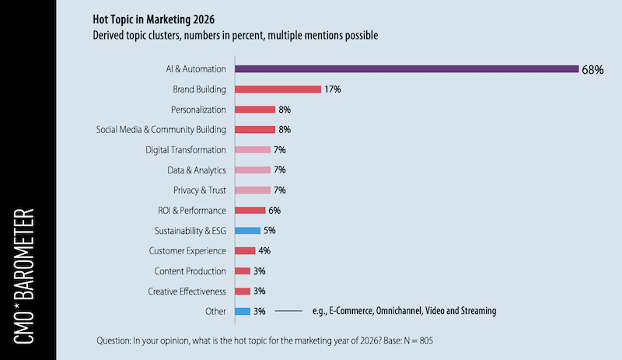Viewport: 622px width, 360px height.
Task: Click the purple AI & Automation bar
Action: tap(406, 68)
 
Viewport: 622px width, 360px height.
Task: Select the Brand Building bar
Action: tap(278, 89)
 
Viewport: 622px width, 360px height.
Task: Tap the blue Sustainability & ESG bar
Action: tap(247, 230)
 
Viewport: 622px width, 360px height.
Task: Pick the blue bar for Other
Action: tap(242, 311)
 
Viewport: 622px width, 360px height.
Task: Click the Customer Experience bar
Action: tap(245, 250)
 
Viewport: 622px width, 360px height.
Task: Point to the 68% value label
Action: tap(592, 69)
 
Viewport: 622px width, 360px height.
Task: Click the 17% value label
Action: tap(334, 89)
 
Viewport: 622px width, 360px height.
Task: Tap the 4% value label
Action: tap(264, 250)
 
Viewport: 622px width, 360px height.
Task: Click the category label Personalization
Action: tap(198, 110)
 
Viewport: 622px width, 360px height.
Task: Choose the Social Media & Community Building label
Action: tap(161, 130)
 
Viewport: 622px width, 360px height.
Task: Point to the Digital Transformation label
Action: tap(186, 149)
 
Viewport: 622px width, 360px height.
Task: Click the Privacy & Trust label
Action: tap(199, 190)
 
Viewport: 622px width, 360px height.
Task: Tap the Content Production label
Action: tap(189, 271)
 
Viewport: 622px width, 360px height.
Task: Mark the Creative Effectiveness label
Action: tap(187, 291)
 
